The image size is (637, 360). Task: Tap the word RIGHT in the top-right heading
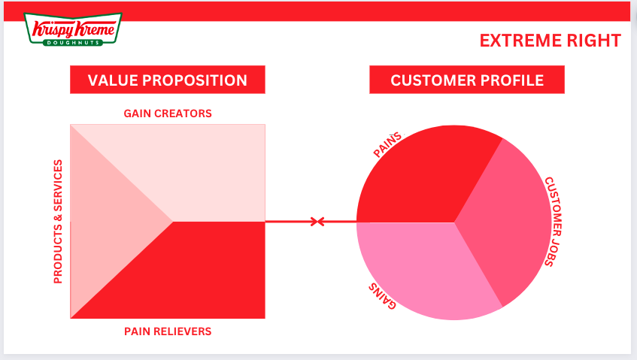click(594, 41)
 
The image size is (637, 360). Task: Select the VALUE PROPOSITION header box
click(167, 80)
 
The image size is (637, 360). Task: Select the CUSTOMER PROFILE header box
click(466, 80)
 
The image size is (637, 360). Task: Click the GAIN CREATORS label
click(168, 113)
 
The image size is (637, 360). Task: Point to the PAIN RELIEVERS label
click(168, 331)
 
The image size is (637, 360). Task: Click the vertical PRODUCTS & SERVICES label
click(58, 222)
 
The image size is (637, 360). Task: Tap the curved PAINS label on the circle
click(388, 145)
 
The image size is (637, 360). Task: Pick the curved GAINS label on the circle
click(382, 296)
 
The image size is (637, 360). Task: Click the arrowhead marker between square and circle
click(318, 222)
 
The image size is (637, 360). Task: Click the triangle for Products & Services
click(105, 222)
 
